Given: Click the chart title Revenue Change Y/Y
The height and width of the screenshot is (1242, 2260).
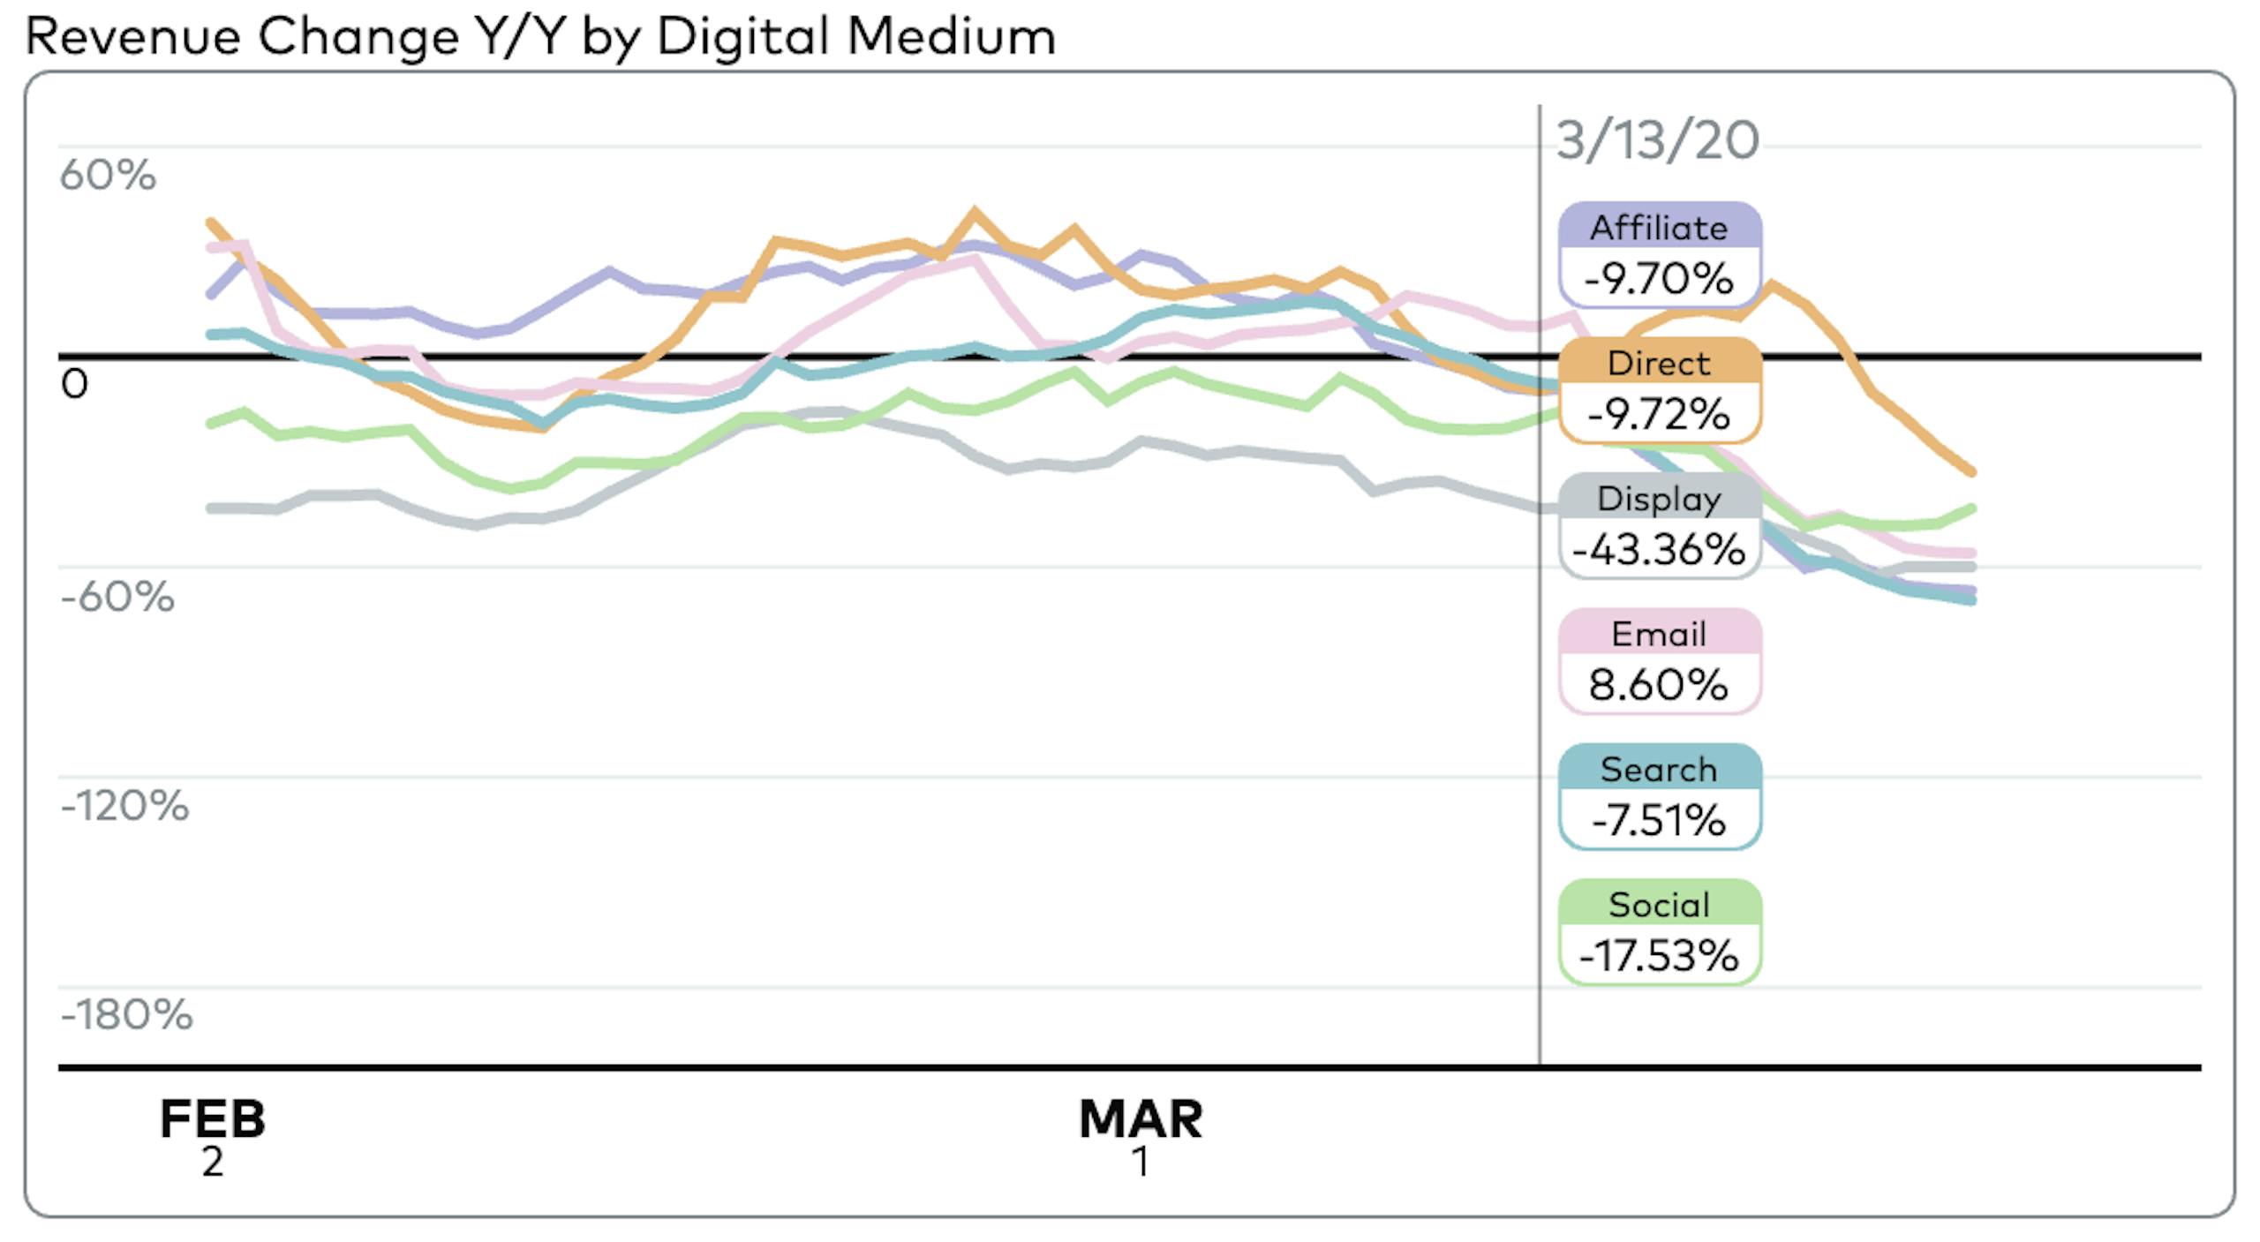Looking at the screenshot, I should (x=539, y=37).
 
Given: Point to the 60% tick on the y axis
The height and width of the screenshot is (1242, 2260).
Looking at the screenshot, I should (x=108, y=175).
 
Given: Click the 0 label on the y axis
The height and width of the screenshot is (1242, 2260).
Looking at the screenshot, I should (x=75, y=384).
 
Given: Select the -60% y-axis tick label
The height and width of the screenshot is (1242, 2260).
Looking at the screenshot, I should (x=117, y=597).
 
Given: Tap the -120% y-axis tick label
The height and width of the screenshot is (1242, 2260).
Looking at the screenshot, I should (x=124, y=806).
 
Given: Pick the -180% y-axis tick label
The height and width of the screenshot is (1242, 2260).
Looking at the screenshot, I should (x=126, y=1015).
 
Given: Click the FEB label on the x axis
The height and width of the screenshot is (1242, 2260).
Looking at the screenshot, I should (x=212, y=1119).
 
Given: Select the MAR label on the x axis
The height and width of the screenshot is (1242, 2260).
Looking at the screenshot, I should (x=1141, y=1119).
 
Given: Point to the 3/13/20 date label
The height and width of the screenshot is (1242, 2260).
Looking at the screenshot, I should (x=1657, y=140).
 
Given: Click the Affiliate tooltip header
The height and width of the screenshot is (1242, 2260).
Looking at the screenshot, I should (x=1659, y=228).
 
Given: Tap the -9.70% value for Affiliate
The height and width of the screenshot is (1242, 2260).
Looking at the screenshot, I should (x=1659, y=279).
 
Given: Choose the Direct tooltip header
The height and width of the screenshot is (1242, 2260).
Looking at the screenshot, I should (x=1659, y=363).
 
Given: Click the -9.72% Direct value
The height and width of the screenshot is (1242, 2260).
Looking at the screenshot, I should (x=1659, y=414).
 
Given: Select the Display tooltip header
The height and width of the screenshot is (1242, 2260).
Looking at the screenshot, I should (x=1659, y=499).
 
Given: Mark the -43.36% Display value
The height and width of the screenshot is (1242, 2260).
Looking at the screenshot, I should (x=1659, y=549).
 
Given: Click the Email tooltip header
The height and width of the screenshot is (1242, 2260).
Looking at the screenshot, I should (x=1659, y=634).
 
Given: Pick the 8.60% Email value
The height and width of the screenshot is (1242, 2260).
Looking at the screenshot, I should (x=1659, y=685).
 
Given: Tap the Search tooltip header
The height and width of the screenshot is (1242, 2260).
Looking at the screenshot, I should (x=1659, y=770).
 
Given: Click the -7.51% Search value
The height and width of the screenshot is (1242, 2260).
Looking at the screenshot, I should (x=1659, y=820).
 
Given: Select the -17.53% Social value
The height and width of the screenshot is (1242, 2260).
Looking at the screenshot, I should (x=1659, y=956).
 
